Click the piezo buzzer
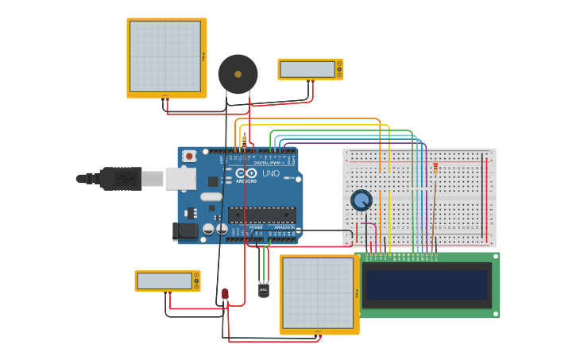coord(238,74)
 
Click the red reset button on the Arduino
coord(189,157)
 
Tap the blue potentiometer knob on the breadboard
coord(361,200)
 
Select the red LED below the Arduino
coord(225,295)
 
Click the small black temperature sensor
coord(264,290)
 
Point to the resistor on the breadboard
coord(435,168)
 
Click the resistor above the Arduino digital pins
coord(244,141)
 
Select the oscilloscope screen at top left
coord(165,56)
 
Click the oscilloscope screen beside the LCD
coord(318,293)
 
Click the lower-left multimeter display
coord(164,281)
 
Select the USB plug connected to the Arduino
coord(119,179)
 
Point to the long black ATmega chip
coord(262,215)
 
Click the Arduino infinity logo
coord(246,173)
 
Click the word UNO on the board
coord(271,172)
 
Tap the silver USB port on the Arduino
coord(180,178)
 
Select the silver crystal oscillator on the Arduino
coord(211,196)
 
